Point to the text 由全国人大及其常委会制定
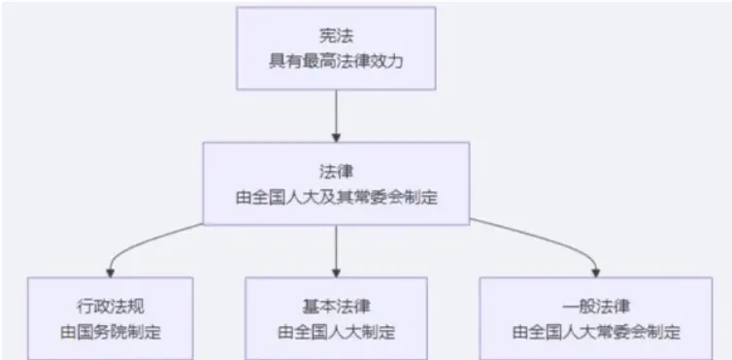point(335,195)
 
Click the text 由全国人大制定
point(335,331)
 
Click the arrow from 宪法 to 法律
point(335,112)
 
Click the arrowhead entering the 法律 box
point(335,136)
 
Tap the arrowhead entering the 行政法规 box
point(109,271)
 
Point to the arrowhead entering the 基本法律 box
point(335,271)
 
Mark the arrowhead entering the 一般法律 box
point(596,271)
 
